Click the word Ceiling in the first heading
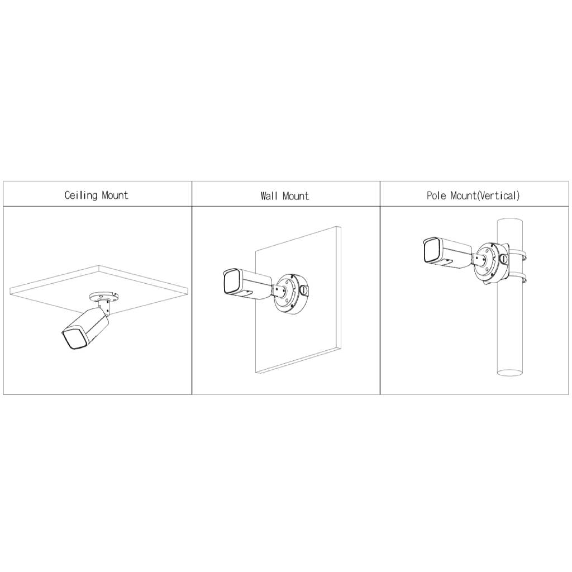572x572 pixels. pos(81,195)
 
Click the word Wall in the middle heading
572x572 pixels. pos(269,196)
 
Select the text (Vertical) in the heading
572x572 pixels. pos(498,196)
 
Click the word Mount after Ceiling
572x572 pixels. pos(115,195)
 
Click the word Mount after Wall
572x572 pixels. pos(295,196)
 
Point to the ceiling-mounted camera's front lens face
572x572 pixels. pos(74,339)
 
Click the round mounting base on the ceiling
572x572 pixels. pos(103,295)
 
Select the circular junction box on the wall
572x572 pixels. pos(290,294)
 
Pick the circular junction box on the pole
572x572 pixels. pos(491,261)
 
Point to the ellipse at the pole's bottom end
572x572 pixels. pos(509,373)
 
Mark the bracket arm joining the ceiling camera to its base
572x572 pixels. pos(104,306)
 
